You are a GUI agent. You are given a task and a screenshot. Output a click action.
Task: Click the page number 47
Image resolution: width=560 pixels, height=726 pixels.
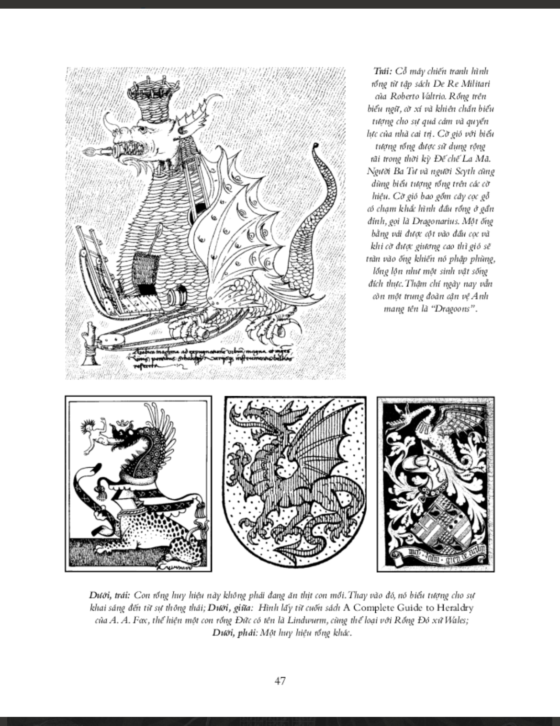tap(280, 680)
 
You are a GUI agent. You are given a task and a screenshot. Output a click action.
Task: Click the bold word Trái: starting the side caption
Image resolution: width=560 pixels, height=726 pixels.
tap(383, 71)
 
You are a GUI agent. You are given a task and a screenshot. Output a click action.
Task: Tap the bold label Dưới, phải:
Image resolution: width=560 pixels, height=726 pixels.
tap(235, 633)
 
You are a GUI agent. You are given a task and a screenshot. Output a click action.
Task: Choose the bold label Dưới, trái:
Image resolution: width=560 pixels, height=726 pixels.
tap(109, 596)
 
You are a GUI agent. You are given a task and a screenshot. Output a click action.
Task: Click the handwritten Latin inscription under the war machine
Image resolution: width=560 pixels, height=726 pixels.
tap(206, 357)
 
